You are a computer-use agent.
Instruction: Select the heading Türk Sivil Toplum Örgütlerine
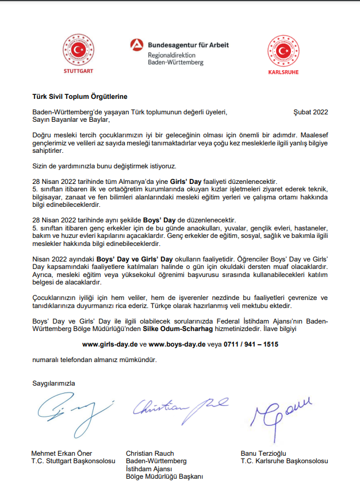79,97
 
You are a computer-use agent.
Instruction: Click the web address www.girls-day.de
110,345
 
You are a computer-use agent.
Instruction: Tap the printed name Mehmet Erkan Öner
62,453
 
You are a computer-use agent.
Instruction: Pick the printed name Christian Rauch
150,453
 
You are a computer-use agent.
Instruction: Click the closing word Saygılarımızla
53,382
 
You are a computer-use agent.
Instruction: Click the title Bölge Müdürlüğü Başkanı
164,476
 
